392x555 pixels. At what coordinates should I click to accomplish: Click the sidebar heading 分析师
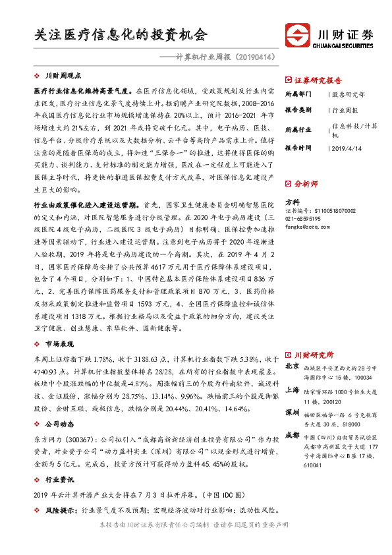tap(304, 184)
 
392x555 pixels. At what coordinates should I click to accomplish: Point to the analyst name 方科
tap(292, 202)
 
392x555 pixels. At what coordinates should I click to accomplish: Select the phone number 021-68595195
tap(303, 218)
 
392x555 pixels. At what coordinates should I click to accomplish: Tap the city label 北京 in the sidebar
tap(292, 366)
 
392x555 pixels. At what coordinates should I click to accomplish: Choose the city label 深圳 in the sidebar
tap(292, 413)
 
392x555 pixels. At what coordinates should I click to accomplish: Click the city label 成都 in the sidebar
tap(292, 436)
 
